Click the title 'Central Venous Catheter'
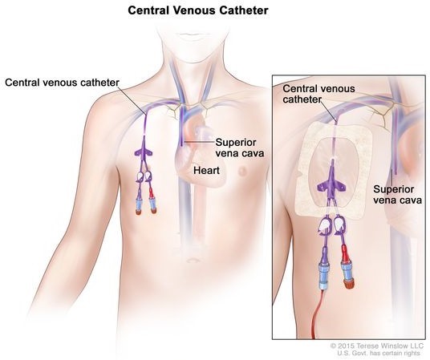[x=198, y=10]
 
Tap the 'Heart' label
[x=206, y=170]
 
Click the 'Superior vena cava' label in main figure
[x=239, y=148]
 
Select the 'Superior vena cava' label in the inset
[x=397, y=195]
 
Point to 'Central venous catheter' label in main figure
[x=62, y=83]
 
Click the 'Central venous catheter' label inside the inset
[x=318, y=94]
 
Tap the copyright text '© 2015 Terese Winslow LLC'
[x=377, y=346]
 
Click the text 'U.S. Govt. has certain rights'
[x=379, y=353]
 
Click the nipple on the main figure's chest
[x=242, y=172]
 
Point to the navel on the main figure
[x=193, y=260]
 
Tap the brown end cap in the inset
[x=349, y=284]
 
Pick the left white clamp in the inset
[x=324, y=224]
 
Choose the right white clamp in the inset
[x=339, y=224]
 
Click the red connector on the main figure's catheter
[x=151, y=193]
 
